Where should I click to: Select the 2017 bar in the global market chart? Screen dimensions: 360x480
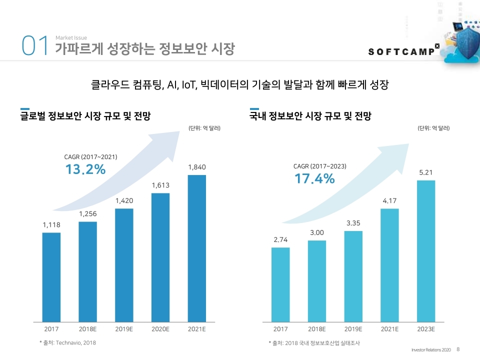tap(51, 277)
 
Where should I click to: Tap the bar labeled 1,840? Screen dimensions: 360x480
tap(197, 248)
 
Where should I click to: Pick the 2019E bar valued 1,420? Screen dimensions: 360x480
tap(124, 265)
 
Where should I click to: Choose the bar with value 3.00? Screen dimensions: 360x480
tap(317, 281)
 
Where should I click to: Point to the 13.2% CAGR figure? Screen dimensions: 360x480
tap(85, 169)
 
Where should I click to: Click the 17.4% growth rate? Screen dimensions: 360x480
tap(314, 178)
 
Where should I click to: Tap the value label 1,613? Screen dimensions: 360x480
tap(160, 185)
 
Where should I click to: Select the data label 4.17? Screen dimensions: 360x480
tap(390, 200)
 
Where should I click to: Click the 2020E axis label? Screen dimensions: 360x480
tap(160, 329)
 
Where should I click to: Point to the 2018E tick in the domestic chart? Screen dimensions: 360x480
tap(317, 329)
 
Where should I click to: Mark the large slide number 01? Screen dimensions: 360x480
tap(34, 46)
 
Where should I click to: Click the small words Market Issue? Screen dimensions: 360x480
tap(71, 38)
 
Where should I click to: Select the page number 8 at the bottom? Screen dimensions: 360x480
tap(458, 349)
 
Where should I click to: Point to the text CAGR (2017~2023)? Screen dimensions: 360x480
tap(319, 166)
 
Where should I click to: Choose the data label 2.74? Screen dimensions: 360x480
tap(280, 240)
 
